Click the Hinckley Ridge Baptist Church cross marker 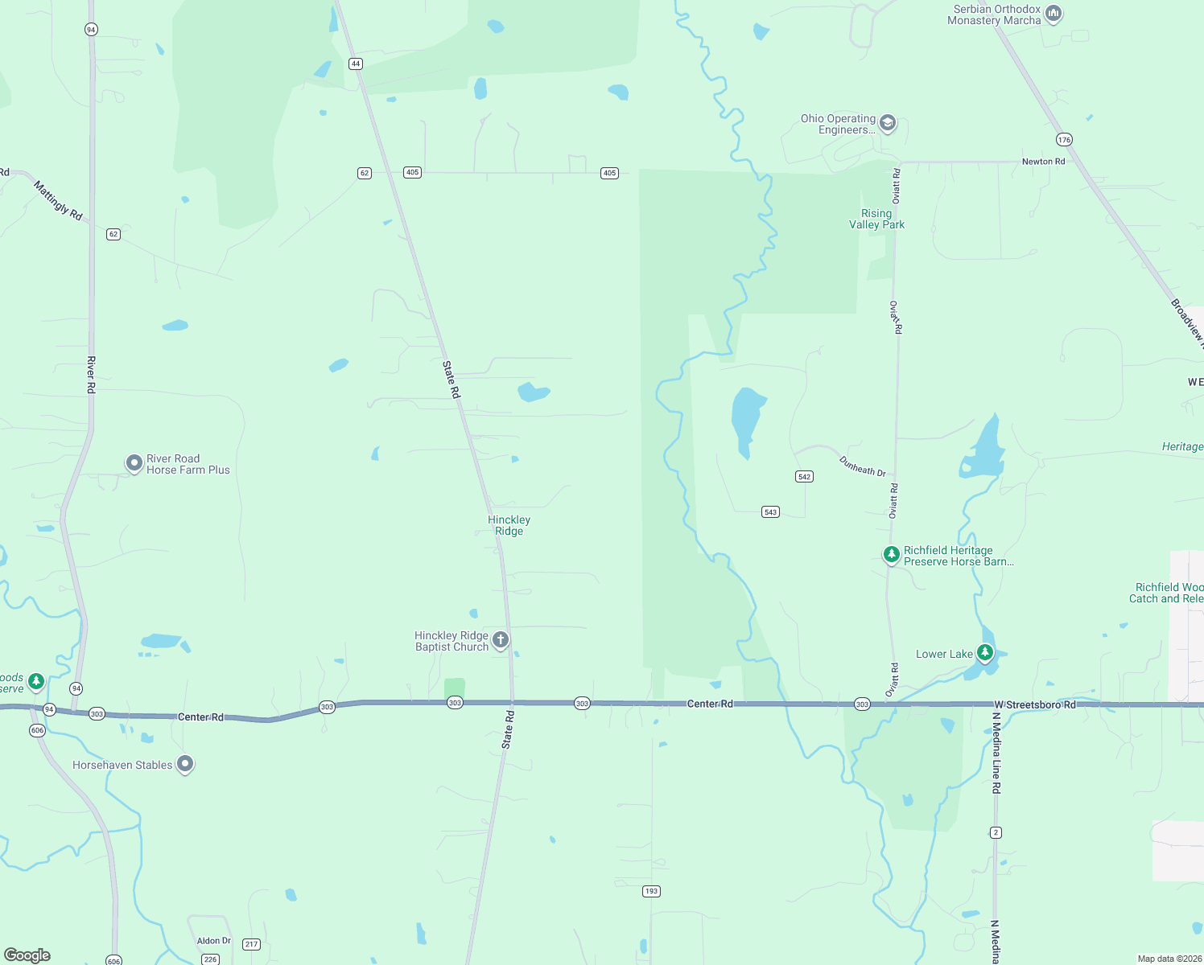pos(501,640)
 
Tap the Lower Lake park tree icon pos(984,652)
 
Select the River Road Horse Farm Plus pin pos(134,463)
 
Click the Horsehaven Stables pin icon pos(185,764)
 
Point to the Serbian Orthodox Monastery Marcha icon pos(1053,14)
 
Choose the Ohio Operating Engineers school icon pos(888,123)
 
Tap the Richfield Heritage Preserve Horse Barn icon pos(891,554)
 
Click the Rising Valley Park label pos(876,220)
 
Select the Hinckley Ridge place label pos(509,525)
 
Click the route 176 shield pos(1065,140)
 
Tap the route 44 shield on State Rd pos(356,64)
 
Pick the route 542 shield pos(804,477)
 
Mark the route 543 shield pos(770,512)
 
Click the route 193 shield pos(651,891)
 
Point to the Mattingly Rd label pos(58,200)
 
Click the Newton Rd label pos(1043,162)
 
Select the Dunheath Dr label pos(862,466)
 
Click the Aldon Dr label pos(213,941)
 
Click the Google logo pos(27,955)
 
